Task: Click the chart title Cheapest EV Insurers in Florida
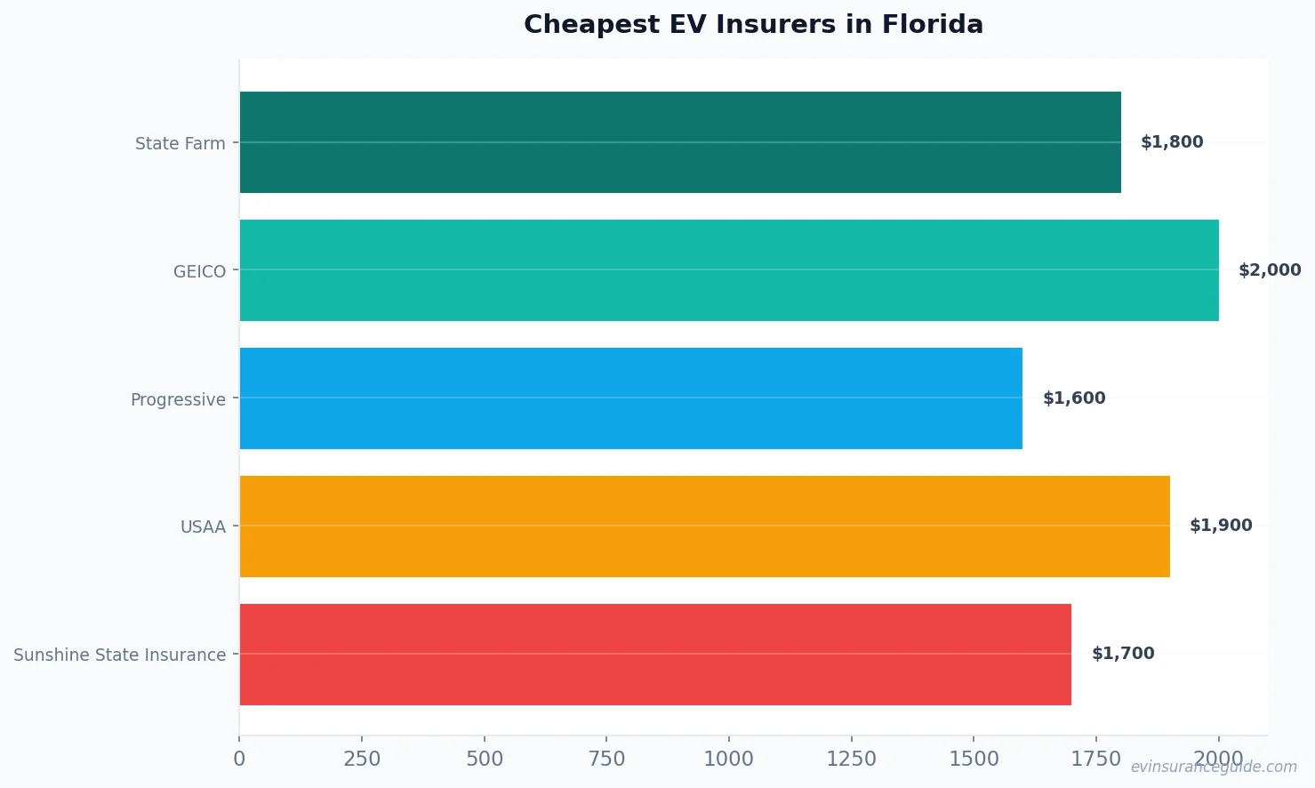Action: click(x=753, y=24)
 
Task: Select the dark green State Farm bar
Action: click(x=680, y=142)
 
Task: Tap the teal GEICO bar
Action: click(x=729, y=270)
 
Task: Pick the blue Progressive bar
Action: click(x=631, y=398)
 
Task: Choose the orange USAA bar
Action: click(x=704, y=527)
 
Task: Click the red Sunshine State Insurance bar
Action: click(x=655, y=655)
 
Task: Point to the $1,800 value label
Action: click(x=1172, y=142)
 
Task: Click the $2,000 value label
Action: click(x=1270, y=270)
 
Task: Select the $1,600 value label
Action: click(x=1074, y=398)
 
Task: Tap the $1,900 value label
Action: click(x=1221, y=526)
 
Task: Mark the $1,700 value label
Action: click(x=1123, y=654)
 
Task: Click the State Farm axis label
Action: click(x=180, y=143)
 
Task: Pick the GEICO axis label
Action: click(x=200, y=271)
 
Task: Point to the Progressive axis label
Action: click(x=178, y=399)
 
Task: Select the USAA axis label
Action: click(x=204, y=527)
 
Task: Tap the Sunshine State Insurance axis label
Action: click(x=120, y=655)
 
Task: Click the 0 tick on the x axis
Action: click(x=239, y=759)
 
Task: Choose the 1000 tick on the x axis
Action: click(x=729, y=759)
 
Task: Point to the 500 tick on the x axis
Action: click(x=485, y=759)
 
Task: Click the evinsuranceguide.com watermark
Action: click(x=1214, y=767)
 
